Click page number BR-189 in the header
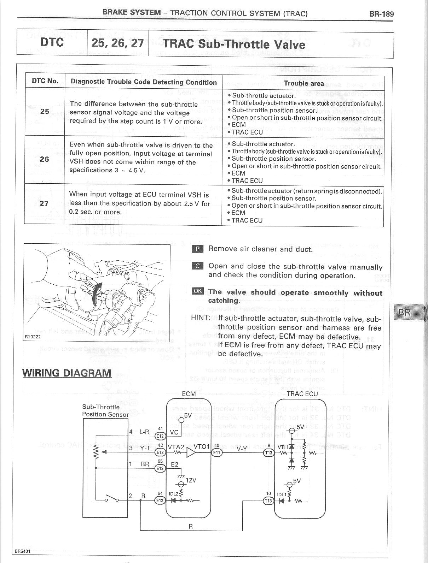(x=381, y=14)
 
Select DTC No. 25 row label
(x=45, y=111)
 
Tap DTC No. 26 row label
(x=45, y=159)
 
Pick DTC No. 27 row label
(x=44, y=203)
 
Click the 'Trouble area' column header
(x=304, y=83)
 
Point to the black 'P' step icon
(x=197, y=249)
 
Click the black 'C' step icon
(x=197, y=266)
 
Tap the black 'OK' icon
(x=198, y=291)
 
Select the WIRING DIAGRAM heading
(x=67, y=373)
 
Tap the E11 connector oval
(x=216, y=452)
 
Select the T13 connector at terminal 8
(x=269, y=453)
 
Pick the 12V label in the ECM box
(x=191, y=480)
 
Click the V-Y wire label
(x=242, y=449)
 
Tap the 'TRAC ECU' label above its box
(x=302, y=394)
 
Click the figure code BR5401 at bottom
(x=23, y=551)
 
